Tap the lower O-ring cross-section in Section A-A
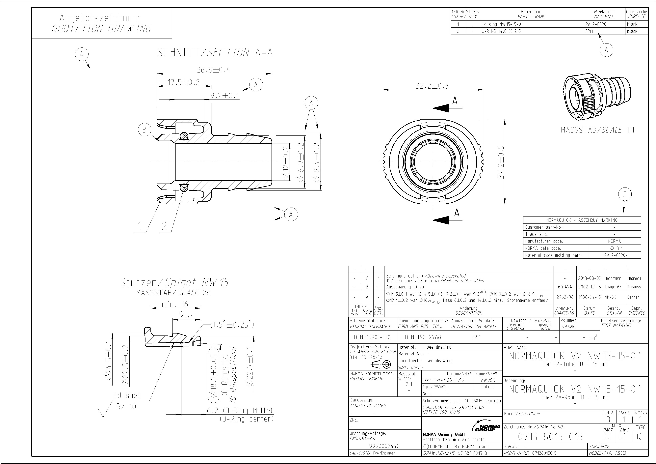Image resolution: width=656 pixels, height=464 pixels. (184, 188)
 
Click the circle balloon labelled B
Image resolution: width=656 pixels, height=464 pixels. (144, 130)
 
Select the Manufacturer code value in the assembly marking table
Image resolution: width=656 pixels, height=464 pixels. (615, 241)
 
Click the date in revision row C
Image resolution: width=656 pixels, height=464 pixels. (589, 278)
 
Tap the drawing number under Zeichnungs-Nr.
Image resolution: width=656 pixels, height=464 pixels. (550, 437)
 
